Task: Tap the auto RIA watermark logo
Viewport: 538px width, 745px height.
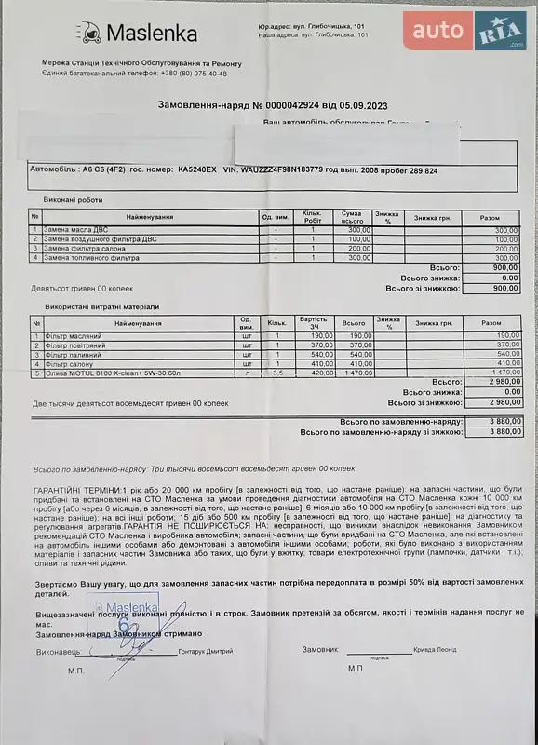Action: pos(464,32)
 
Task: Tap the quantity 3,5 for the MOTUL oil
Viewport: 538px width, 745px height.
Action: pos(277,372)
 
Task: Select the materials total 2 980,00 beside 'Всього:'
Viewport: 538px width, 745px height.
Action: pos(501,383)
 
